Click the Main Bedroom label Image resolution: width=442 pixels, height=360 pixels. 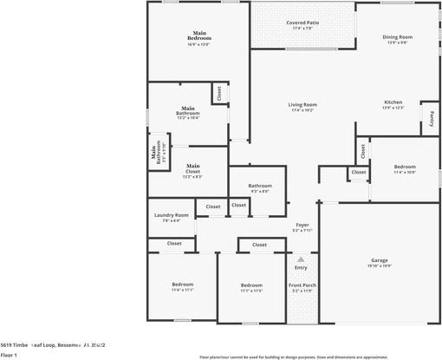pos(200,37)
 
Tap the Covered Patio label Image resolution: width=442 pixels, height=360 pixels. pos(302,23)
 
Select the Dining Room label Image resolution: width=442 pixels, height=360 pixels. pos(397,37)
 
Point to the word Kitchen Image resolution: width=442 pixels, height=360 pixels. pos(393,101)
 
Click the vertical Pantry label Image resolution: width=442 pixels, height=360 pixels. pos(431,118)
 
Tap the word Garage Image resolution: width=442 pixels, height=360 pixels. pos(380,259)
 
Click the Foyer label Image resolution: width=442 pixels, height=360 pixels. pos(302,225)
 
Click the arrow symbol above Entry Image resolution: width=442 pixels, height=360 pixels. pos(301,259)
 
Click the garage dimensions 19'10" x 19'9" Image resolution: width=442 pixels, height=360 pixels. pos(380,265)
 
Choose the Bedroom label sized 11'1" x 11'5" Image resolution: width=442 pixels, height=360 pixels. pos(251,285)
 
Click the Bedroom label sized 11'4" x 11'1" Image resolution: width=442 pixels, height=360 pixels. pos(182,285)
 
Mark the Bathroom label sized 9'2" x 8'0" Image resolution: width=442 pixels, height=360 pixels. pos(260,185)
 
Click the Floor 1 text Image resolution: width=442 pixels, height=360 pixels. pos(9,355)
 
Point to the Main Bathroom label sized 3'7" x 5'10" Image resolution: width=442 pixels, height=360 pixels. pos(156,153)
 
